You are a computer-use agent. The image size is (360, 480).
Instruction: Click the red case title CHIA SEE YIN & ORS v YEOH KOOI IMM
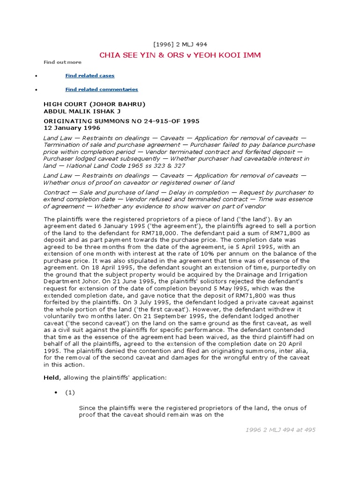180,55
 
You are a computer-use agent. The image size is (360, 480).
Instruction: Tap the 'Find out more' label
62,62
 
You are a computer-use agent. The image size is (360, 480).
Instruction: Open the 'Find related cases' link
90,75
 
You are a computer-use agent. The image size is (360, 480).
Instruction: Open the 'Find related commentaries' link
101,89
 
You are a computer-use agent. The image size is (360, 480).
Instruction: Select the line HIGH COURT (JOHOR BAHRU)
94,104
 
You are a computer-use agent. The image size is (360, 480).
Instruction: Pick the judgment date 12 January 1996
72,127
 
